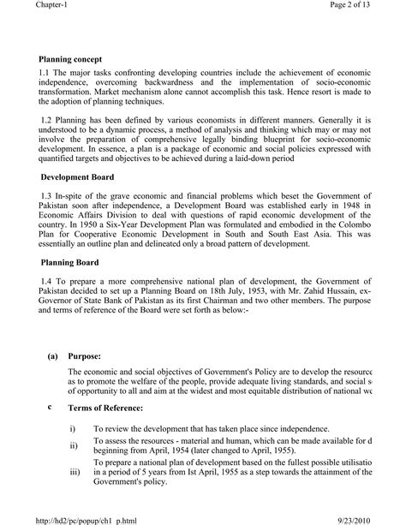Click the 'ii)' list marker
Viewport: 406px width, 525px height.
pyautogui.click(x=74, y=446)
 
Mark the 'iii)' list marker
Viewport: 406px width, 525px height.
pyautogui.click(x=75, y=470)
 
